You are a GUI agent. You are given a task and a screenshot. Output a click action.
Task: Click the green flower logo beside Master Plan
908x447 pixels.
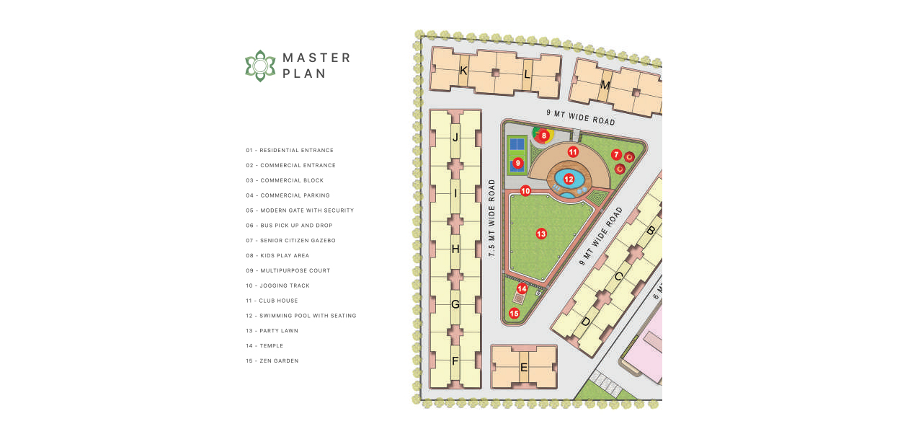pos(260,66)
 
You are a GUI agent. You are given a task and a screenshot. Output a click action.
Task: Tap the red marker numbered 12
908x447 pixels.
pos(569,179)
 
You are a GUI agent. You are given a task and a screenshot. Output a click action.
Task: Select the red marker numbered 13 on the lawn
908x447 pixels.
pos(541,234)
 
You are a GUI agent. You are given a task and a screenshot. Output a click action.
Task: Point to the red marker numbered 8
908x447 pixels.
pos(544,136)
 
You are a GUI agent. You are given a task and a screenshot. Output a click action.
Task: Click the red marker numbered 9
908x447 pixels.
pos(517,163)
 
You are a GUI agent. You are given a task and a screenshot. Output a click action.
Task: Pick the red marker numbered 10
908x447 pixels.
pos(525,190)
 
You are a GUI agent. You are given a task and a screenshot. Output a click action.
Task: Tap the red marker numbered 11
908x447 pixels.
pos(573,152)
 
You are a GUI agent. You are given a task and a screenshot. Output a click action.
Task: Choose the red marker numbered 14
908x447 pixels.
pos(522,289)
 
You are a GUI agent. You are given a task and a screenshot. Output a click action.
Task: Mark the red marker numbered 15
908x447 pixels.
pos(515,313)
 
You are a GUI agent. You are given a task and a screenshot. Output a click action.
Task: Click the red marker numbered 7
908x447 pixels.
pos(616,154)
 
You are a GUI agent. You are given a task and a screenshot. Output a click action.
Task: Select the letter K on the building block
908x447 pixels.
pos(463,71)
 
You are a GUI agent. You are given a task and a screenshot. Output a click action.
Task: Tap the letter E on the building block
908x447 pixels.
pos(524,368)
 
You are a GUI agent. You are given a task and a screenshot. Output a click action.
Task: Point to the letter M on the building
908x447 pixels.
pos(605,86)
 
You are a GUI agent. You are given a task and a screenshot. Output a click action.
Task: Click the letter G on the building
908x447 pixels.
pos(455,304)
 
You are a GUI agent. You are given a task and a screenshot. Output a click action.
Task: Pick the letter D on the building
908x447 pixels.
pos(586,322)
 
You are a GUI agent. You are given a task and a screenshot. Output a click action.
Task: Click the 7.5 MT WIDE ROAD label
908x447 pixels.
pos(491,218)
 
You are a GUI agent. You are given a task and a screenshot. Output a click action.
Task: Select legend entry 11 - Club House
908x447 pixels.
pos(272,301)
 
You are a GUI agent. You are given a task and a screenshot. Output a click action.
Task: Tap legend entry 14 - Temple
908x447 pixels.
pos(264,345)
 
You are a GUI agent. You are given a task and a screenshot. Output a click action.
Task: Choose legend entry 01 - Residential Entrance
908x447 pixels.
pos(290,150)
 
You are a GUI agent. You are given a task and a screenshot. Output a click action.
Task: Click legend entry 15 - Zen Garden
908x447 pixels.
pos(272,360)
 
